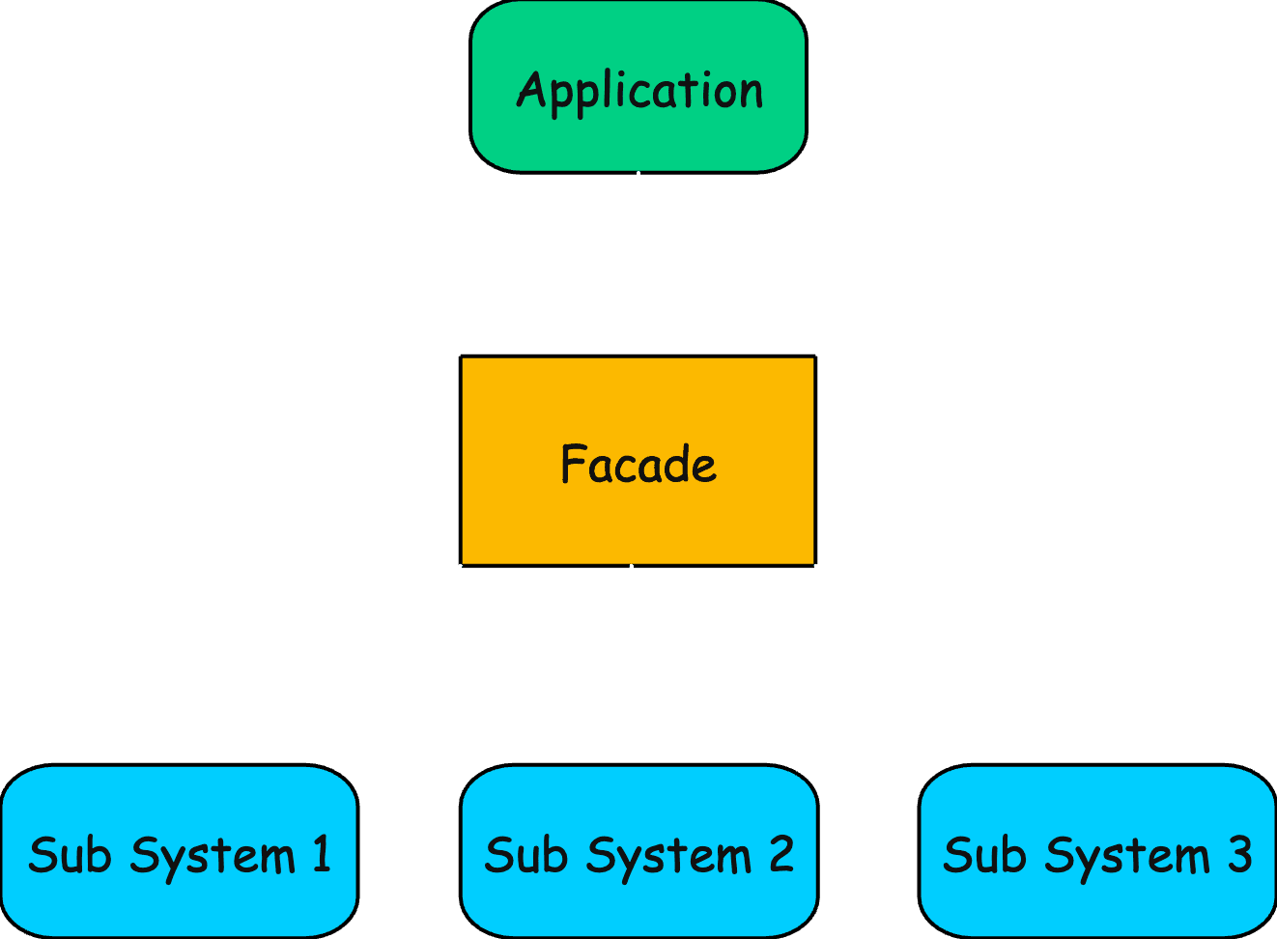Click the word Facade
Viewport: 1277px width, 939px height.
638,465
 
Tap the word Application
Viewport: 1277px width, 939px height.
639,92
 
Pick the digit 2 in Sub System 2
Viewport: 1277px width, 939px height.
780,854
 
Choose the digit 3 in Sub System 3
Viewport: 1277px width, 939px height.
1238,854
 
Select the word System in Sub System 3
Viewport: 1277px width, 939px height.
1126,857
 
